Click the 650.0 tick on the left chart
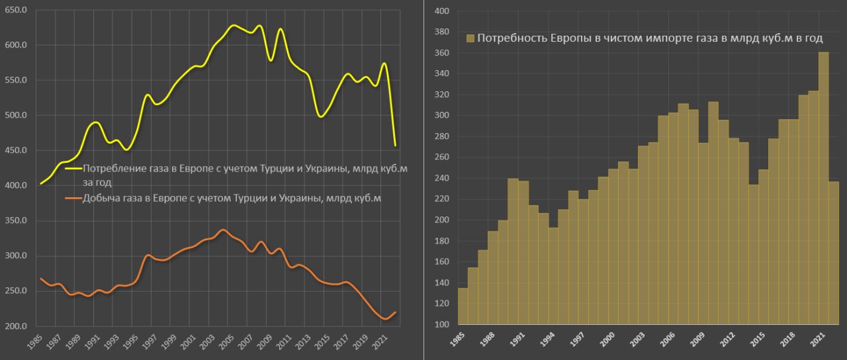coord(15,11)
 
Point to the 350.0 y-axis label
coord(15,221)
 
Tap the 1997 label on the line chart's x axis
coord(149,341)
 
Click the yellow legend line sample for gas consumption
coord(72,169)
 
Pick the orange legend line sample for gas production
coord(72,198)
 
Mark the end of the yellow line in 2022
coord(395,145)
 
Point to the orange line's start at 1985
coord(41,279)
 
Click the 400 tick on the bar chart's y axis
coord(441,11)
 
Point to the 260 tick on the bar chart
coord(441,157)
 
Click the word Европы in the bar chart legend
coord(574,38)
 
